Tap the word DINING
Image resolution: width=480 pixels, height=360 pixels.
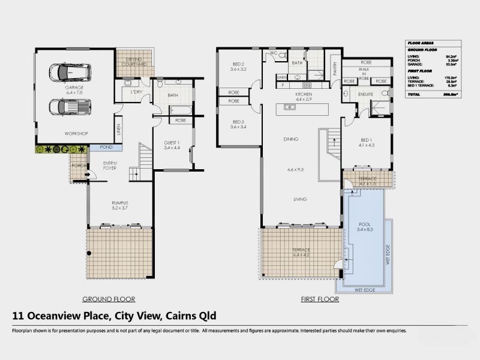pos(290,140)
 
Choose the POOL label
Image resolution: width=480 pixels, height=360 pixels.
pos(364,226)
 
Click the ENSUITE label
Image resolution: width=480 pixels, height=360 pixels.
pos(365,94)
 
